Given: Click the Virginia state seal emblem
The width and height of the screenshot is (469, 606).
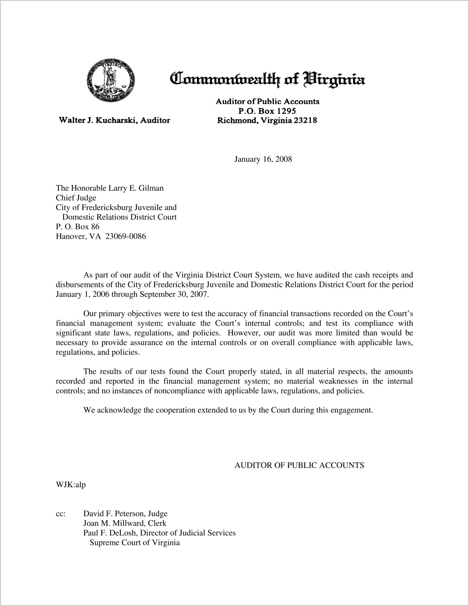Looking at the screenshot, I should [x=111, y=80].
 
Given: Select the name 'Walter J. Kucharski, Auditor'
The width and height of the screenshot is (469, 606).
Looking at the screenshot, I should [x=115, y=120].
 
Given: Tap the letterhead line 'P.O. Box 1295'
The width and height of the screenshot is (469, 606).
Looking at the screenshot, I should [x=267, y=111].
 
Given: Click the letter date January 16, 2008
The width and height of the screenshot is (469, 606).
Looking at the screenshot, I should [x=263, y=159].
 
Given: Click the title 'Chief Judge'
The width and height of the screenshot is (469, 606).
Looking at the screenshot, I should [x=76, y=198].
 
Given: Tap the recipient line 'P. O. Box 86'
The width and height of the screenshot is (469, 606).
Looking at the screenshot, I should [x=78, y=227].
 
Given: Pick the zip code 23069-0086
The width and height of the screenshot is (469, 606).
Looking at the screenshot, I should [x=126, y=236].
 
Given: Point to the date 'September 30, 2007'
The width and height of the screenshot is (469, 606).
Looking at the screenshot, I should [x=174, y=294].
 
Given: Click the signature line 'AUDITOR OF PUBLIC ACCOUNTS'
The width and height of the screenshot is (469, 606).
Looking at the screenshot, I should [x=299, y=465].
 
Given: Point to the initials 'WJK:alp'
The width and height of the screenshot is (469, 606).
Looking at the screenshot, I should [x=71, y=485].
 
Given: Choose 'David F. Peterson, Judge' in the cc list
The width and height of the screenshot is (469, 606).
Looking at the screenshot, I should [x=125, y=513].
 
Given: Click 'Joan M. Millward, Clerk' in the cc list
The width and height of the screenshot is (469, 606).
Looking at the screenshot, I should [x=125, y=523].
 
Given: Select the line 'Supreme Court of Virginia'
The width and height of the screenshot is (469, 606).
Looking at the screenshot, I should [x=135, y=543].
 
